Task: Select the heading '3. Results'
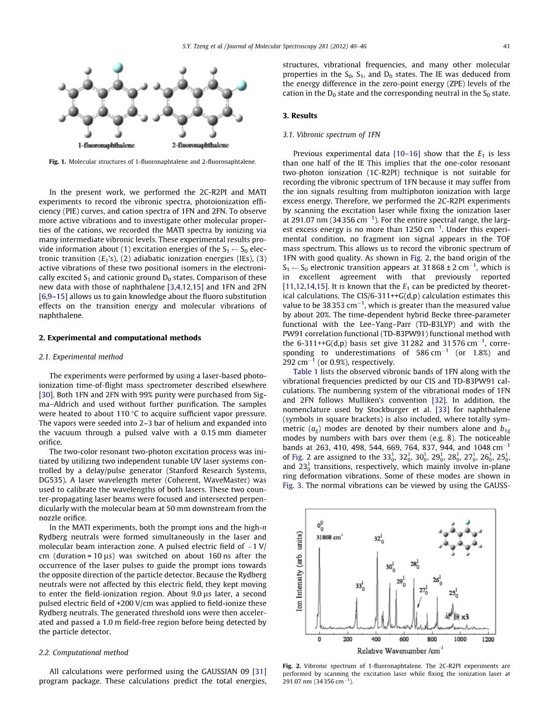coord(300,116)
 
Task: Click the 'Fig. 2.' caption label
coord(291,666)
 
